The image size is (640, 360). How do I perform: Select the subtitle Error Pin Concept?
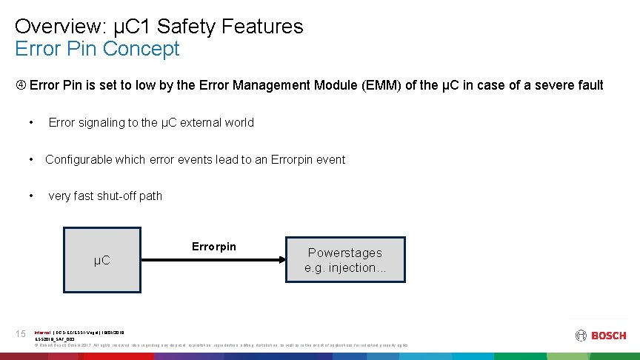click(x=97, y=49)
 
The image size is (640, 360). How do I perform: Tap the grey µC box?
click(x=101, y=260)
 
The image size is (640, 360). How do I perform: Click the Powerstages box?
click(x=345, y=260)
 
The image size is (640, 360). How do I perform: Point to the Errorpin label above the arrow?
click(x=214, y=247)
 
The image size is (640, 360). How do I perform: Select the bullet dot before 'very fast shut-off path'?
click(x=31, y=196)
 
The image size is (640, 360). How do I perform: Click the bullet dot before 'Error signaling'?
click(x=31, y=123)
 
